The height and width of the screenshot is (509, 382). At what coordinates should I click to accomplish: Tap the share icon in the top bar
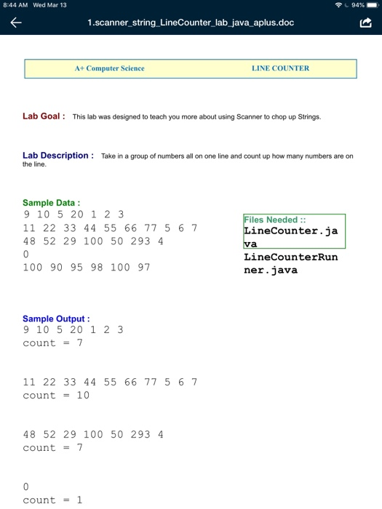[x=365, y=23]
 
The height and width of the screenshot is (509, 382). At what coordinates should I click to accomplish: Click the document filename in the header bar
[x=191, y=23]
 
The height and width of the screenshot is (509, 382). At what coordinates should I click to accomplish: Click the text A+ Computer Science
[x=109, y=68]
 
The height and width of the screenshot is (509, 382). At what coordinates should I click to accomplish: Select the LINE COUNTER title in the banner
[x=280, y=68]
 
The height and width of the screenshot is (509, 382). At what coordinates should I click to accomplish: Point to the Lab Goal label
[x=44, y=116]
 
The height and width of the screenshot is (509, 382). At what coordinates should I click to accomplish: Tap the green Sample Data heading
[x=52, y=203]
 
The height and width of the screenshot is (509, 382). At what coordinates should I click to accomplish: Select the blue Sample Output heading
[x=56, y=318]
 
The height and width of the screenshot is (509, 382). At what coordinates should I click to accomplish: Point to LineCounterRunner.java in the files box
[x=290, y=263]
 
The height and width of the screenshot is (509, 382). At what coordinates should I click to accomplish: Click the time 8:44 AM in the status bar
[x=16, y=5]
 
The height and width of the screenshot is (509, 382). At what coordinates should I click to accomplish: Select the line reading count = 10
[x=55, y=396]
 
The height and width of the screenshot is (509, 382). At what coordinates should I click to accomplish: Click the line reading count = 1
[x=52, y=500]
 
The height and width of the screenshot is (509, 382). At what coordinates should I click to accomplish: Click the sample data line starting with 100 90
[x=86, y=267]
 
